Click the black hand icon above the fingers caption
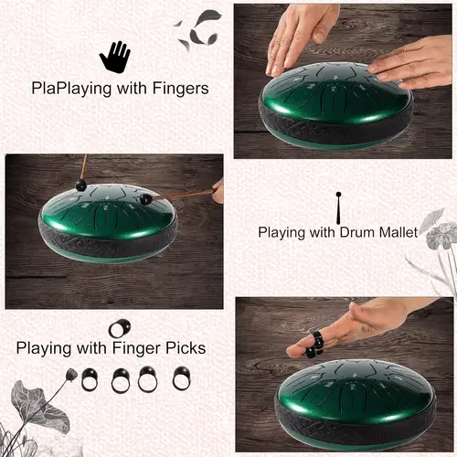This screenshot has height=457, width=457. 114,57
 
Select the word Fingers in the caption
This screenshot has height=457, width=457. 179,89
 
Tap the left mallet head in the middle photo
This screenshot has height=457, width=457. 80,186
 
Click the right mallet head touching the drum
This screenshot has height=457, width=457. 145,197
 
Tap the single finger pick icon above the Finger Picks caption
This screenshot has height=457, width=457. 119,327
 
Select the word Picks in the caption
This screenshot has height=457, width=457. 183,348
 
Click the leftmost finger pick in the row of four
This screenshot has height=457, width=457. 90,378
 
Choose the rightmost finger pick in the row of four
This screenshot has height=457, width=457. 181,377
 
